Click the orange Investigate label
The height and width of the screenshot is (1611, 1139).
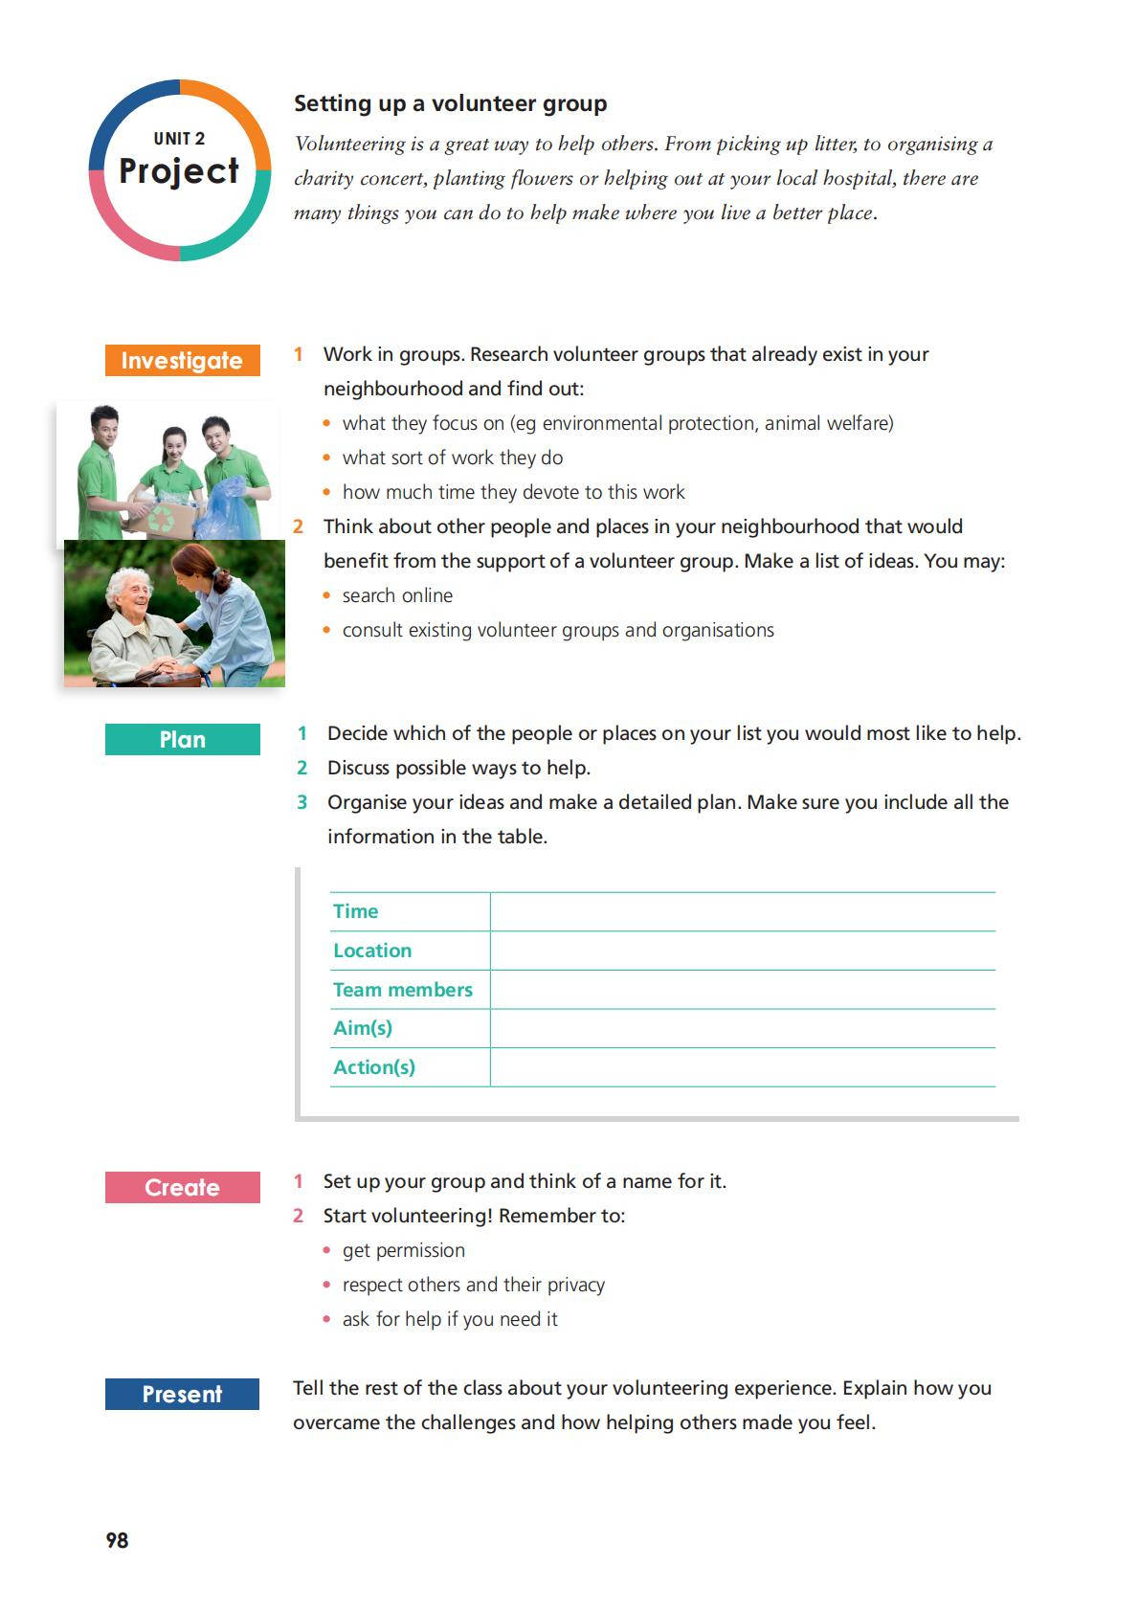coord(182,360)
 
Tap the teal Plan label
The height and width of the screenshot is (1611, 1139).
coord(182,739)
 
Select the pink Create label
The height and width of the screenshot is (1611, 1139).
coord(182,1187)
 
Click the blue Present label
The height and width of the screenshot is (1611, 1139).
coord(182,1394)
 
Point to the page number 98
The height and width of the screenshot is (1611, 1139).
coord(117,1540)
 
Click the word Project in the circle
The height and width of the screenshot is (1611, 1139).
coord(179,171)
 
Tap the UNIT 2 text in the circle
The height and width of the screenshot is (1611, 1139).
coord(179,139)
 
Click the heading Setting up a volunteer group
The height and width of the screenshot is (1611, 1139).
coord(450,103)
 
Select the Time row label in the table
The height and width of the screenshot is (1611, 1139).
coord(355,911)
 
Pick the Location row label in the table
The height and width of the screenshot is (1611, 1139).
coord(372,951)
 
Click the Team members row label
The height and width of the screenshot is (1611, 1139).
coord(402,990)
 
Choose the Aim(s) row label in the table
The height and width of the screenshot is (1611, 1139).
coord(363,1028)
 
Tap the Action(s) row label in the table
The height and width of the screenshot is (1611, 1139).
coord(374,1067)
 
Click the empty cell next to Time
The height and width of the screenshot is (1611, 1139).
coord(742,911)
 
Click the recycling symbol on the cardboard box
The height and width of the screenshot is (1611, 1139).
coord(160,519)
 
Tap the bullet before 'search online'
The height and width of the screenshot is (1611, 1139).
coord(327,595)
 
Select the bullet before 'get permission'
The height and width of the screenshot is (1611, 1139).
coord(327,1250)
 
